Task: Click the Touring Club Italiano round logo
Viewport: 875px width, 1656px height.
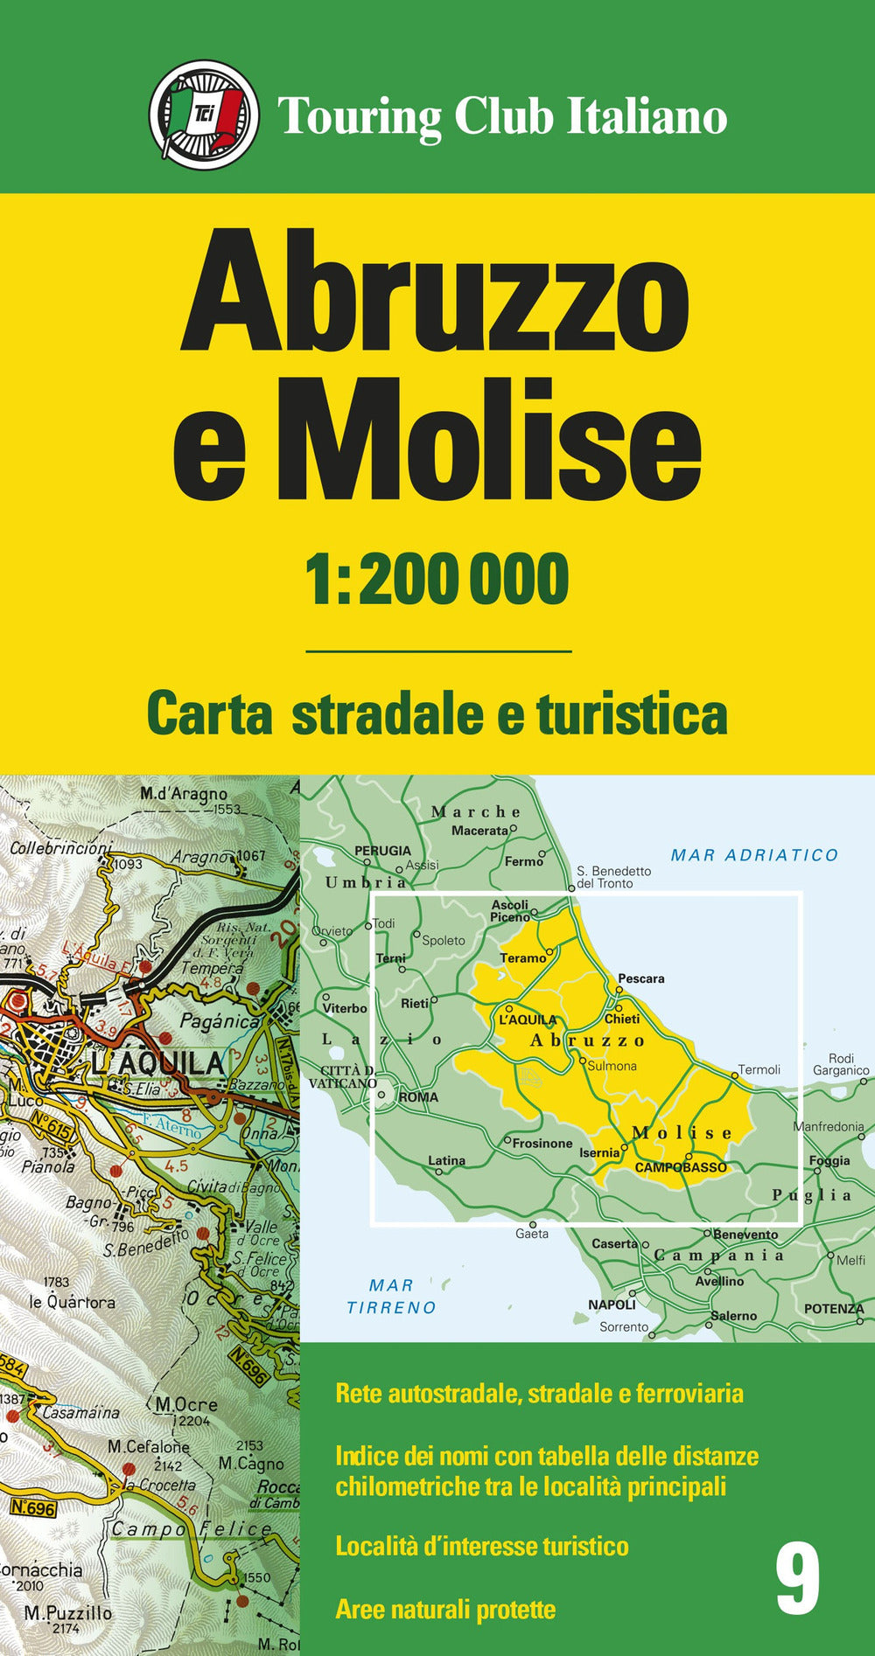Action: [x=204, y=115]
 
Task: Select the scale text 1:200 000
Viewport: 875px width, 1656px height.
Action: [x=437, y=580]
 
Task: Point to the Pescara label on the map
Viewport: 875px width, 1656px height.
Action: [x=641, y=978]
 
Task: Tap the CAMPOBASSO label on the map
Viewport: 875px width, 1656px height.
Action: [x=681, y=1167]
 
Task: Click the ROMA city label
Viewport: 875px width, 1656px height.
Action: [x=418, y=1096]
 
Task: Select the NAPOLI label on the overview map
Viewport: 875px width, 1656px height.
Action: [x=612, y=1305]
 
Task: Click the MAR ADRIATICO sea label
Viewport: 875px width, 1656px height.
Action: [x=754, y=855]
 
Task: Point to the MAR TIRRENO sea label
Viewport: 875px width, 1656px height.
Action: [x=391, y=1297]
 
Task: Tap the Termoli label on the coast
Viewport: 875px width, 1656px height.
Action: [x=759, y=1069]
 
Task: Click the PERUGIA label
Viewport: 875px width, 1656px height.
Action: [x=382, y=850]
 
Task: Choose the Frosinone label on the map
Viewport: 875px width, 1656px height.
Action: [x=542, y=1143]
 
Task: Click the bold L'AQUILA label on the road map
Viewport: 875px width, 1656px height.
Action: [x=157, y=1063]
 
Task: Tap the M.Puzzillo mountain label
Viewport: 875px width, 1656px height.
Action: [x=68, y=1613]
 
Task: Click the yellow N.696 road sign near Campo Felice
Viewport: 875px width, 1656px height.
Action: [x=33, y=1507]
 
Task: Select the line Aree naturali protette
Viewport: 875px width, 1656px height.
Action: [x=445, y=1610]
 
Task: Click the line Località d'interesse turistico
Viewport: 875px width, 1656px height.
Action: [x=482, y=1546]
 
